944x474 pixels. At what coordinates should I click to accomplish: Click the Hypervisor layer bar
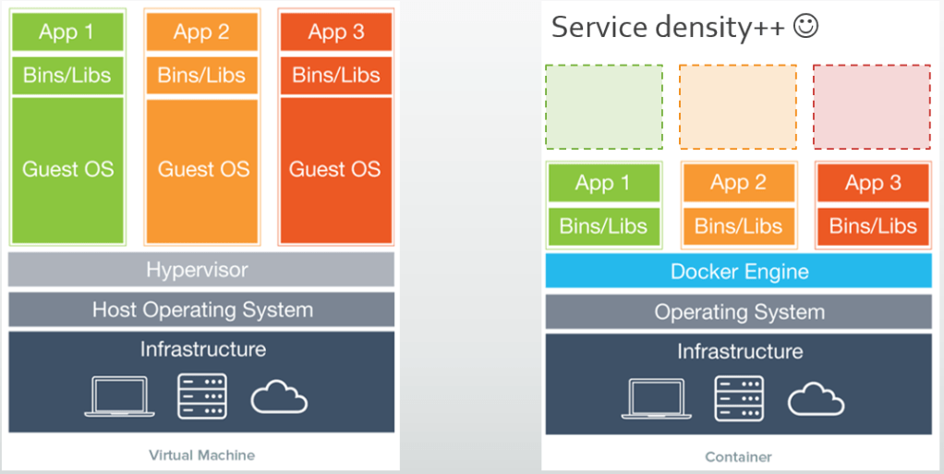(x=201, y=270)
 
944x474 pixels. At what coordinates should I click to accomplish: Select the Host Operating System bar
(x=201, y=310)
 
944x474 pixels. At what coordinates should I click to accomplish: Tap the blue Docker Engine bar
(x=738, y=272)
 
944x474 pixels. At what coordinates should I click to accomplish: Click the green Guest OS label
(x=67, y=169)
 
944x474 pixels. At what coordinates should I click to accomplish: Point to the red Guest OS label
(x=335, y=169)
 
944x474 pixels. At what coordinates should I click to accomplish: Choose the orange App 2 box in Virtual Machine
(x=201, y=32)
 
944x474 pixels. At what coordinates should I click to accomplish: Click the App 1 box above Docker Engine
(x=603, y=183)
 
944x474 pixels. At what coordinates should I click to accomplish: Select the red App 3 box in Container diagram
(x=872, y=183)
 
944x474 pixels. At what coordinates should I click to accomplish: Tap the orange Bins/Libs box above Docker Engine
(x=738, y=226)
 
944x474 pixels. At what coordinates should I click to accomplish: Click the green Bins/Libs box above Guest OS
(x=67, y=75)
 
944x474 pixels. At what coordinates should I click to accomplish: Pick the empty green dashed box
(x=603, y=106)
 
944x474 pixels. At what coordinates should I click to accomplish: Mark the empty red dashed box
(x=872, y=106)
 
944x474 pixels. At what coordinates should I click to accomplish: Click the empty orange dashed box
(x=738, y=106)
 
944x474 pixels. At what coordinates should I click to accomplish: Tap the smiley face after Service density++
(x=805, y=27)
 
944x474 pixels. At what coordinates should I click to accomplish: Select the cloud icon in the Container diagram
(x=816, y=399)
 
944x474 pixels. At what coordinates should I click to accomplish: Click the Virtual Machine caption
(x=201, y=455)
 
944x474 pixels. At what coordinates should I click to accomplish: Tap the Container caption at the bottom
(x=738, y=456)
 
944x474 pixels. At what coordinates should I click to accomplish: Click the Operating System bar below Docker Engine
(x=738, y=312)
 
